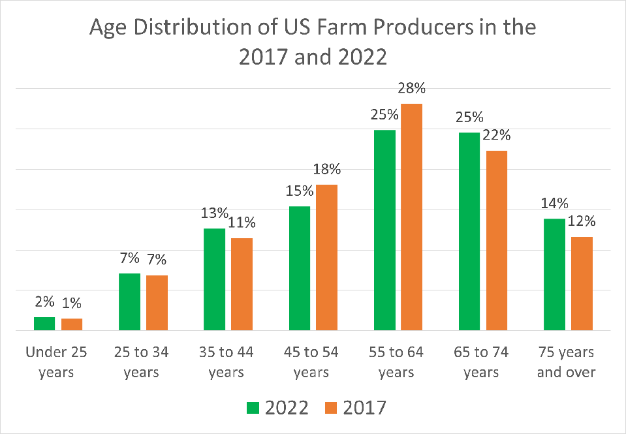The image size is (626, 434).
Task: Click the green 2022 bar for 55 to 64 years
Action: (x=385, y=230)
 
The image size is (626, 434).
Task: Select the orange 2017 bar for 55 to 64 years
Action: (x=412, y=217)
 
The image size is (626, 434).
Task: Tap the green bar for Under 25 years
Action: (x=44, y=324)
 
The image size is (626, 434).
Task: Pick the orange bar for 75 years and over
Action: (x=582, y=284)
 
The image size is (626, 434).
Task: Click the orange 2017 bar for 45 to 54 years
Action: (x=326, y=258)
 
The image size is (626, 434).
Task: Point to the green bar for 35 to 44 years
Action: (x=215, y=279)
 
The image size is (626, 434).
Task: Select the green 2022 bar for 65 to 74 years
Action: (x=470, y=232)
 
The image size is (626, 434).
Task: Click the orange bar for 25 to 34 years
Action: (x=157, y=303)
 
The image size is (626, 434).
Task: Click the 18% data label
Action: (x=326, y=170)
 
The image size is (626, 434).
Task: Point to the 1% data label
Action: (x=71, y=303)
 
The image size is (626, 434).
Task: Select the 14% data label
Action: (x=554, y=204)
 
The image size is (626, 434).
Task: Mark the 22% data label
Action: (x=497, y=136)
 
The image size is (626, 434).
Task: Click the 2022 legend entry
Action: (x=277, y=408)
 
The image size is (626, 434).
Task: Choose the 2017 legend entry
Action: (x=355, y=408)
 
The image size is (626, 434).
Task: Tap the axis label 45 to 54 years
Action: (x=311, y=362)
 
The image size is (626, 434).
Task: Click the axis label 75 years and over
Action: (x=567, y=362)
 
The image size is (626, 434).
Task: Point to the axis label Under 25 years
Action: (x=57, y=362)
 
